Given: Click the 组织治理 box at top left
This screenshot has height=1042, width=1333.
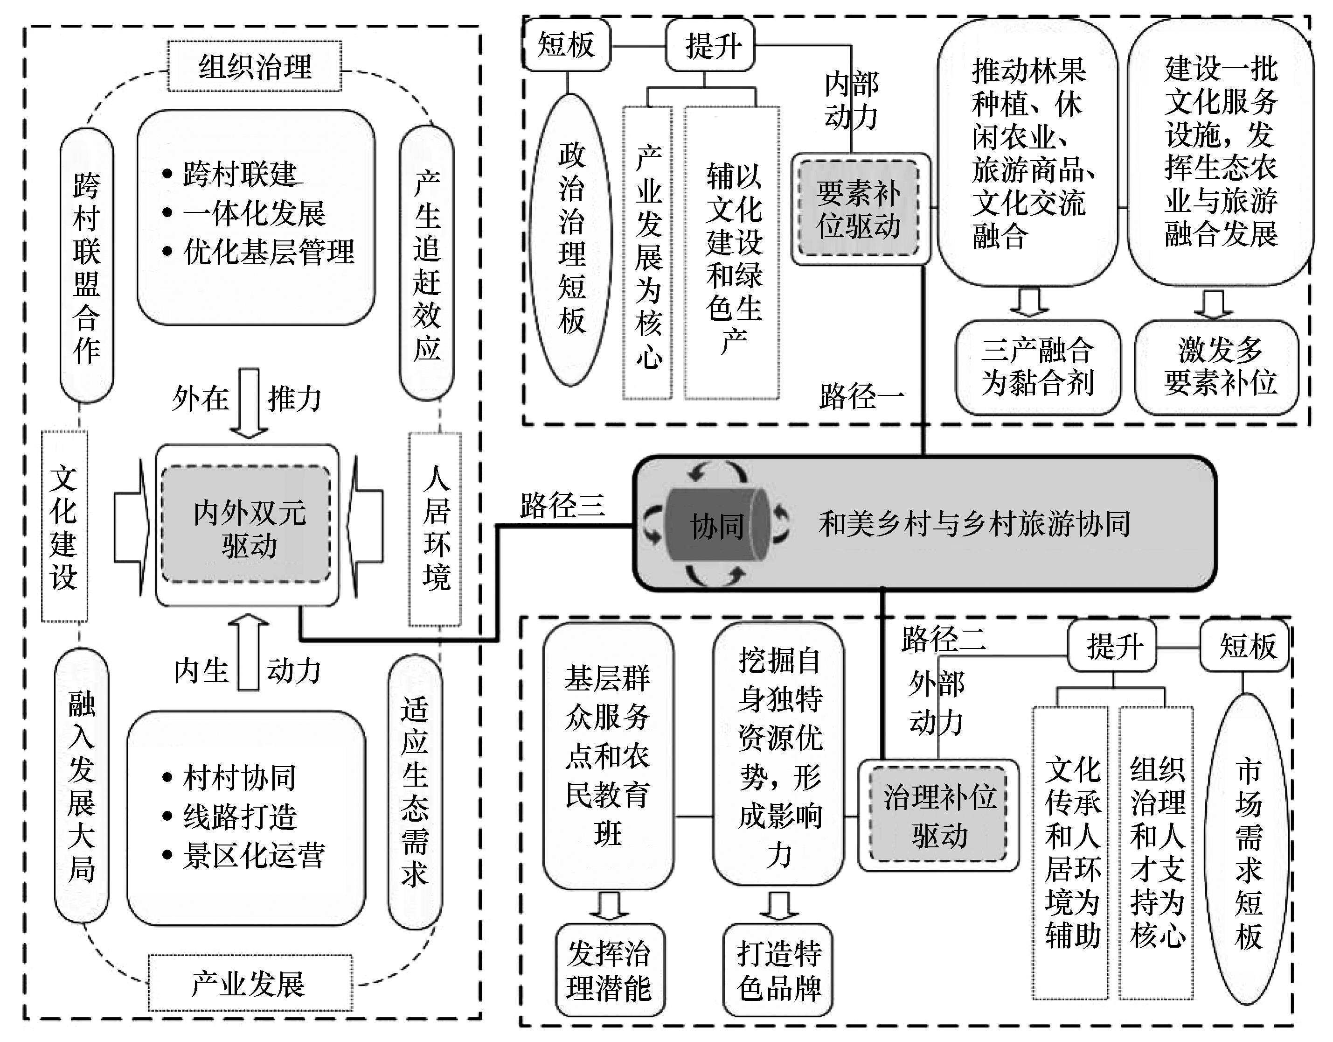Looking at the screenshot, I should point(255,67).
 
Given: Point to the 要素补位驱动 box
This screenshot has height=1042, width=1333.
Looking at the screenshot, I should point(860,209).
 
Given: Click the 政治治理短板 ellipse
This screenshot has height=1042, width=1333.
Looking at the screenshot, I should point(571,239).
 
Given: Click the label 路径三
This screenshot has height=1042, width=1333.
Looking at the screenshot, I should point(562,506).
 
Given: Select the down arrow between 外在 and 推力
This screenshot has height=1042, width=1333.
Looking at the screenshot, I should point(249,402).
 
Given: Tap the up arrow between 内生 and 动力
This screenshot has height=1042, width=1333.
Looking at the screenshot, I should point(249,653).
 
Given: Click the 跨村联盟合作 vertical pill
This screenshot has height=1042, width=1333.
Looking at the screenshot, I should point(87,266).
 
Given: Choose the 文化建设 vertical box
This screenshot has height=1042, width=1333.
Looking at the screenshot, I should point(64,527).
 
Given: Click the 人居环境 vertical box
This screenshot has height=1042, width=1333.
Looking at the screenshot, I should point(435,529).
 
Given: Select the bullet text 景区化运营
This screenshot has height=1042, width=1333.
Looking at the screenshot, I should point(253,856).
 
